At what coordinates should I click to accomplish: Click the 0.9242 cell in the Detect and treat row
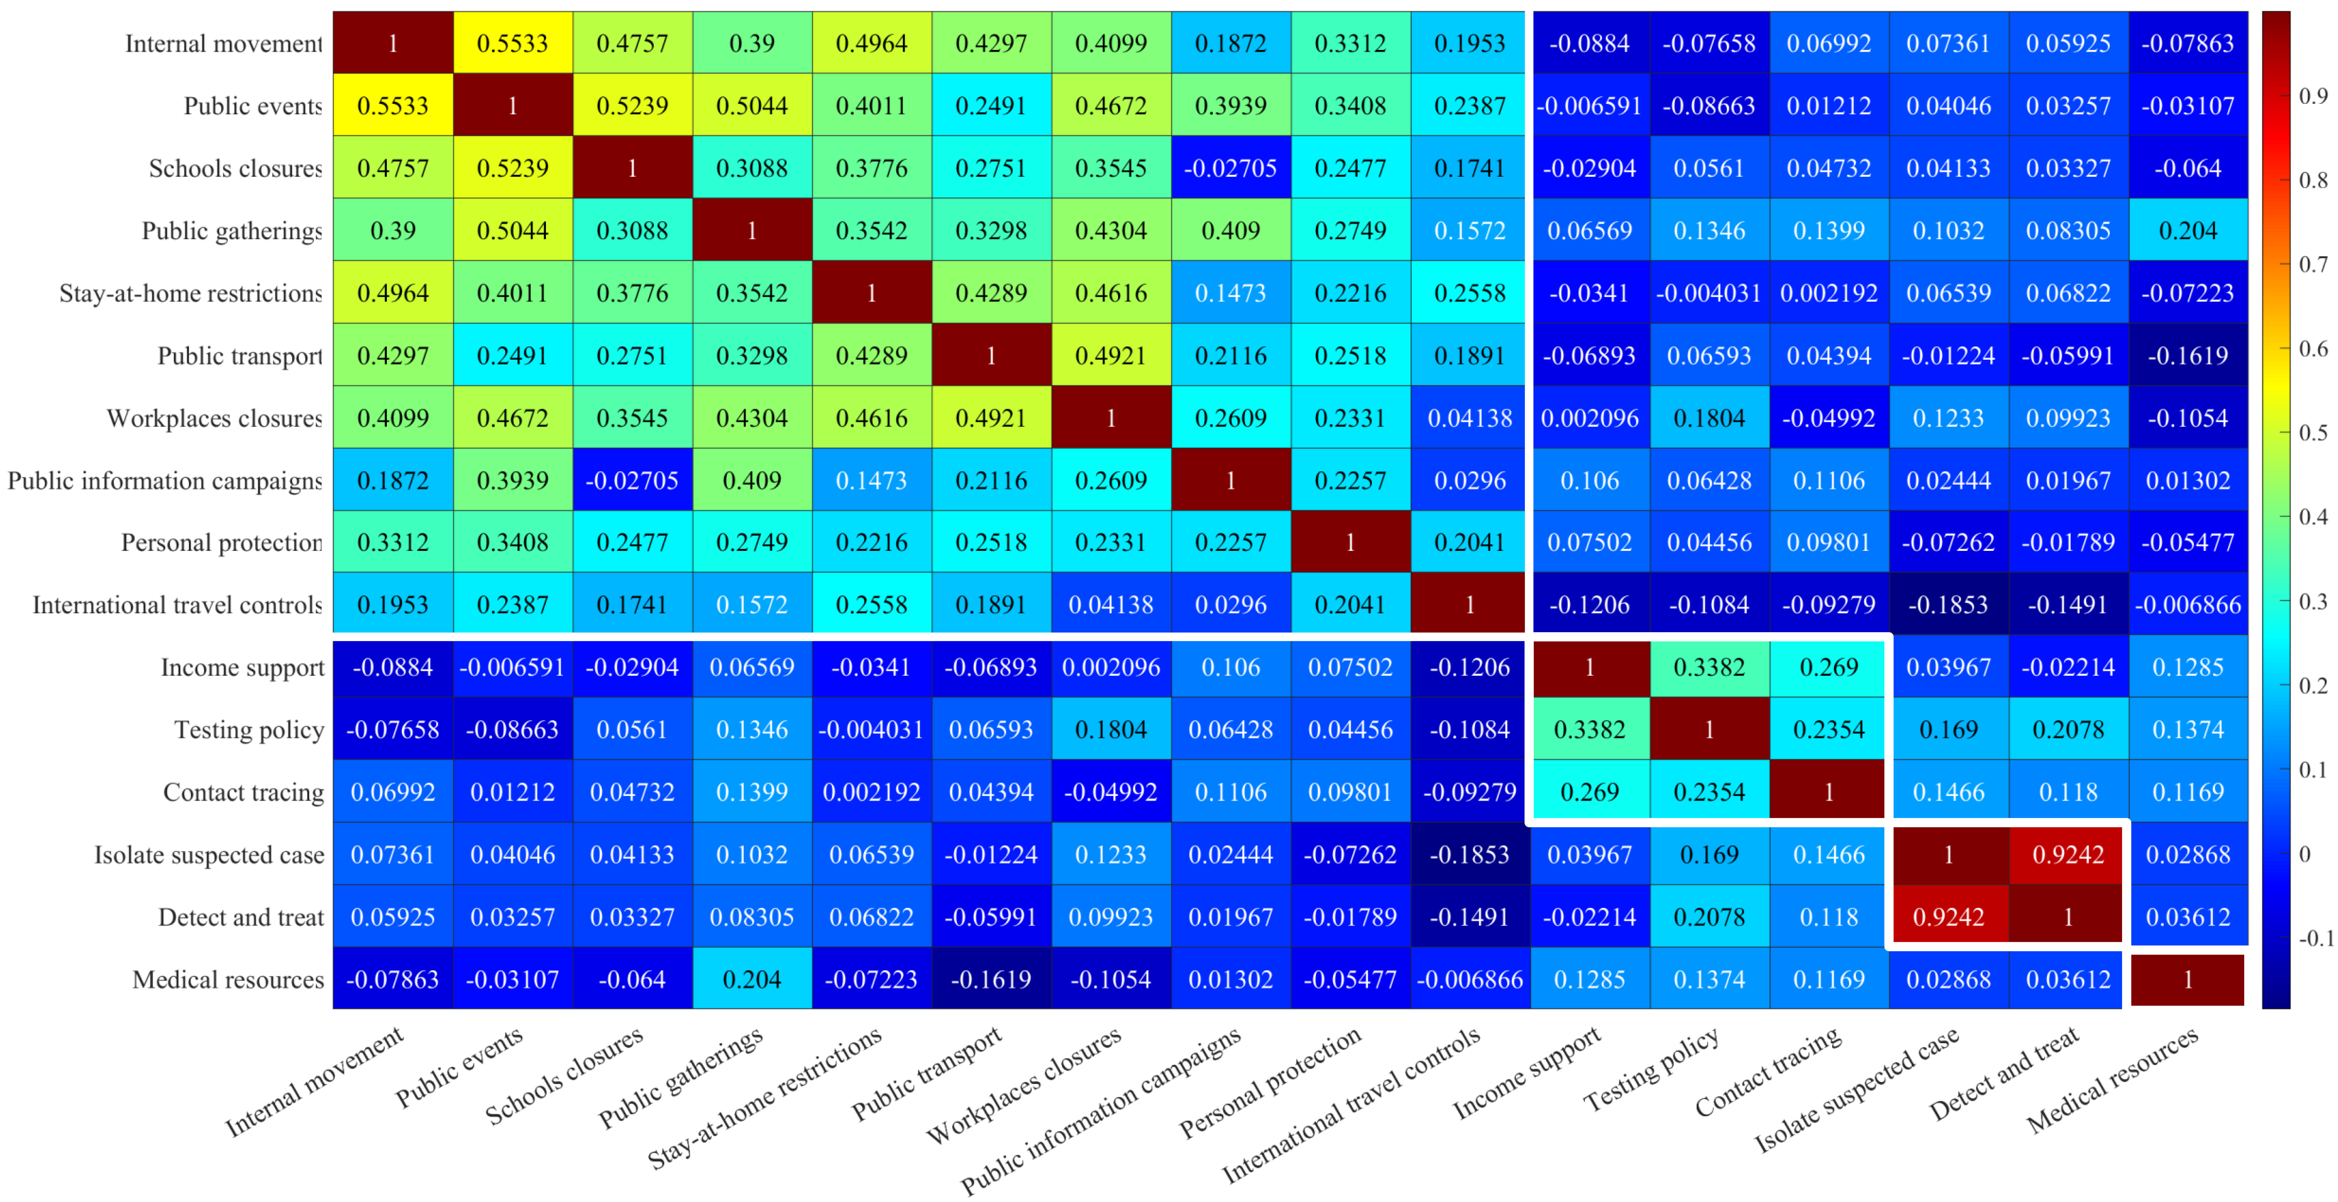tap(1948, 917)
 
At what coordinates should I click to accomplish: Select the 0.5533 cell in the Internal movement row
tap(513, 44)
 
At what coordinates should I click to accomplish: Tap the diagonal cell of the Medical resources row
tap(2187, 980)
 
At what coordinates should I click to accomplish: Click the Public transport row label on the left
tap(240, 356)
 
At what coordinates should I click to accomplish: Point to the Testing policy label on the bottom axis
tap(1652, 1070)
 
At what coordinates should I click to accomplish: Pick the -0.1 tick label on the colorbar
tap(2316, 938)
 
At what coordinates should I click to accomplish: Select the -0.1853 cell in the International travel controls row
tap(1948, 605)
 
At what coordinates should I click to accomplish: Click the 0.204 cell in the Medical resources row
tap(751, 980)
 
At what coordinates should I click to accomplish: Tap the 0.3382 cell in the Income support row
tap(1709, 668)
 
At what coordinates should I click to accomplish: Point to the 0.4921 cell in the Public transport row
tap(1111, 356)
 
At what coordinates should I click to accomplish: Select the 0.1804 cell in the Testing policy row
tap(1111, 730)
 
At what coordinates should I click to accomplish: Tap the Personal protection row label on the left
tap(221, 543)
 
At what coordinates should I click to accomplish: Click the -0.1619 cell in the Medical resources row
tap(991, 980)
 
